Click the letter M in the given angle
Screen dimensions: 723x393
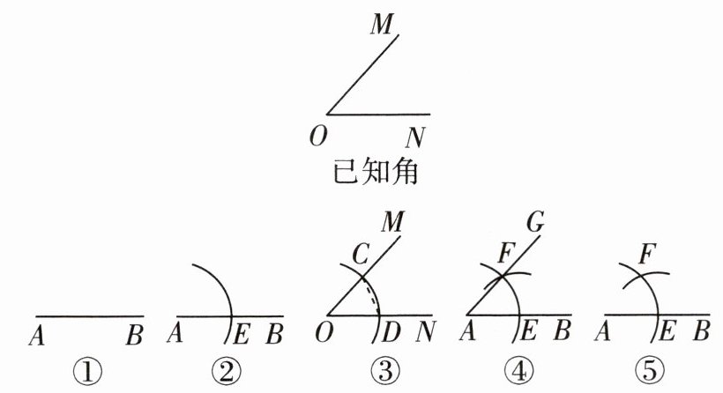tap(382, 24)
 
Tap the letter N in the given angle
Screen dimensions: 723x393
tap(414, 137)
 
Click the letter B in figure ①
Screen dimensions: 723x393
tap(135, 335)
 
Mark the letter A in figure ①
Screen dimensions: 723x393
tap(38, 335)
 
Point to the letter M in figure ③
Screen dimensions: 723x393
tap(393, 219)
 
